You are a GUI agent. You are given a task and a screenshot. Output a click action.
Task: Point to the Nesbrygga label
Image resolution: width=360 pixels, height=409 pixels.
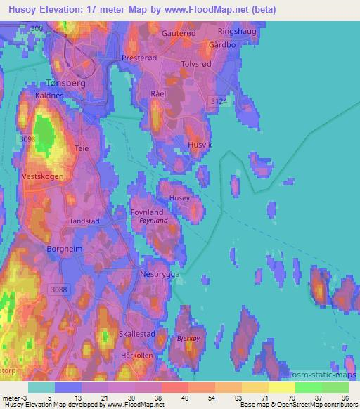(161, 274)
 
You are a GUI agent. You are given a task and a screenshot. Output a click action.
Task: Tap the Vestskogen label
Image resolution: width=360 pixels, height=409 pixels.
(43, 176)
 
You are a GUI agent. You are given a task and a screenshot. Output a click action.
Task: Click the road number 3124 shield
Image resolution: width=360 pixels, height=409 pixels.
(219, 102)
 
